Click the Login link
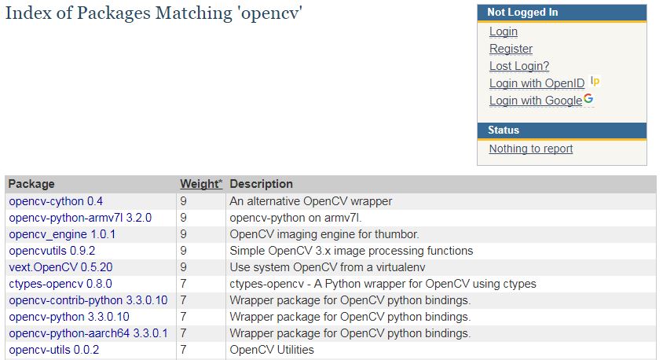coord(504,31)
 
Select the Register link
coord(511,49)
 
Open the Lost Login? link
coord(519,66)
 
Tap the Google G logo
coord(588,98)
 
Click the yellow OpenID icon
coord(595,81)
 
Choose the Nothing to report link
coord(531,149)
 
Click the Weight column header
coord(201,184)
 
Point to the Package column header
coord(31,184)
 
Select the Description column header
coord(262,184)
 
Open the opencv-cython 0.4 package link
coord(56,201)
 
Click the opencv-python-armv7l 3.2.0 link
coord(80,218)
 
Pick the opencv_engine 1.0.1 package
coord(62,234)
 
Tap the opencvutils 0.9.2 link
coord(52,251)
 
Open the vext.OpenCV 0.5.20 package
coord(61,267)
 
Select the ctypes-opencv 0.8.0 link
coord(60,284)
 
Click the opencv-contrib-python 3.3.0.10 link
coord(88,300)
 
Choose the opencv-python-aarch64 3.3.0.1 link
coord(88,333)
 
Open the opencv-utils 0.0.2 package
coord(54,350)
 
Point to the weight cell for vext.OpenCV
coord(183,267)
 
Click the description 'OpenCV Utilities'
coord(272,350)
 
